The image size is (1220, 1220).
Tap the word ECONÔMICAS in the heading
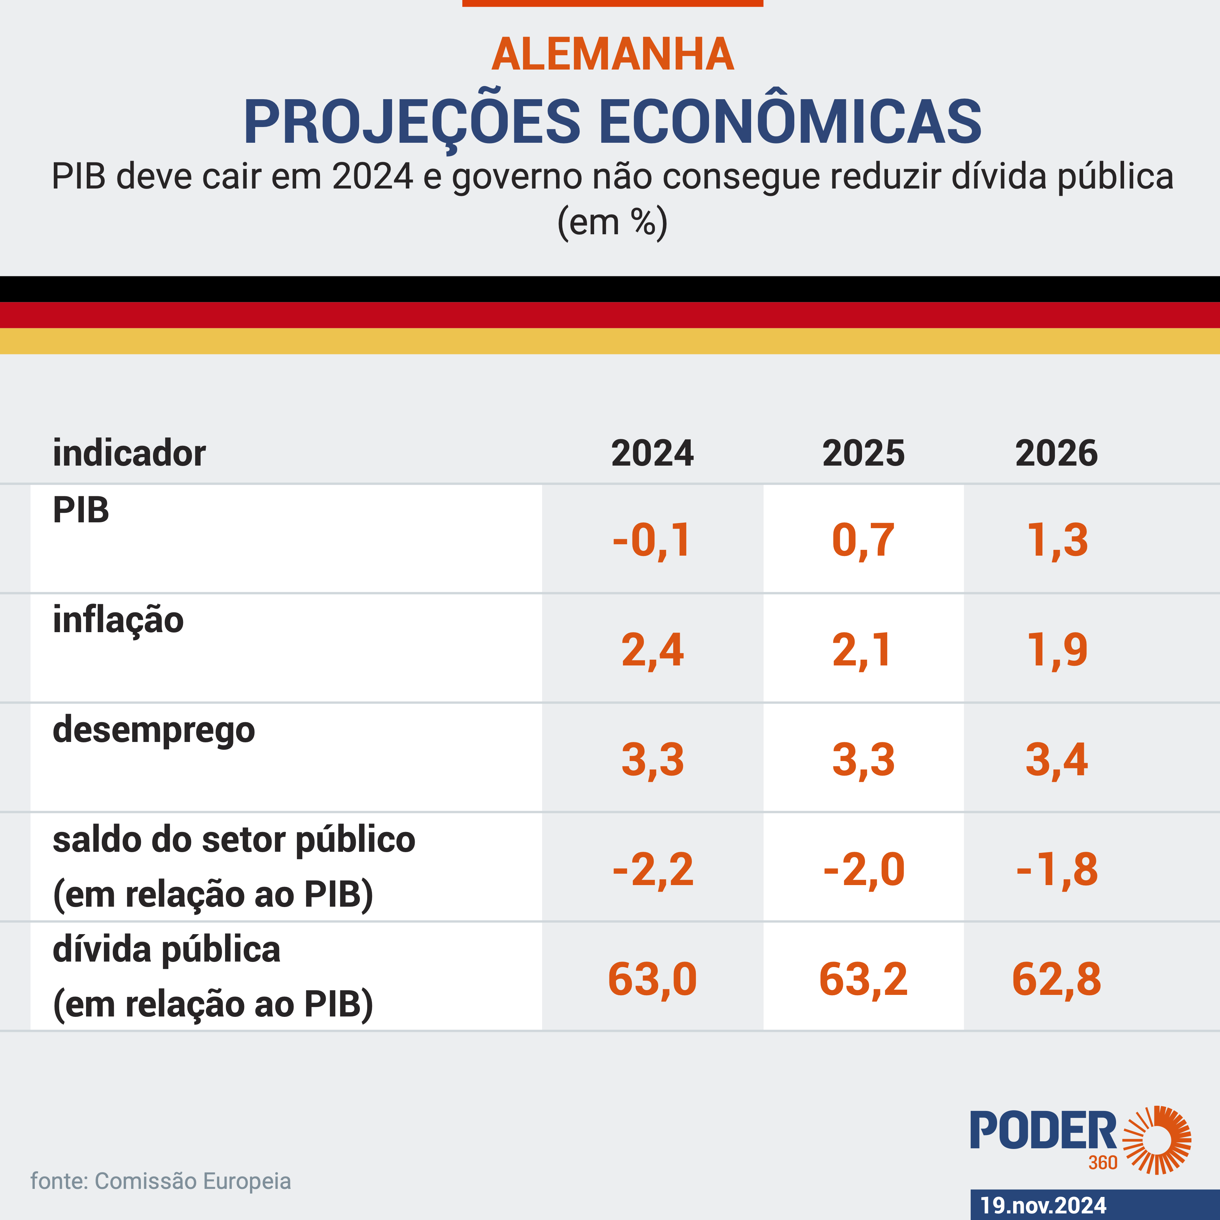click(x=789, y=122)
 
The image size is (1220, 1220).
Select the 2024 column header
click(x=652, y=454)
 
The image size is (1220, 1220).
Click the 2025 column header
click(x=863, y=454)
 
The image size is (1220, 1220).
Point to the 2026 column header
click(x=1056, y=454)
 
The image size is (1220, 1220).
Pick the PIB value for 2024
click(x=652, y=541)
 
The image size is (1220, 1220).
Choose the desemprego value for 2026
click(x=1056, y=759)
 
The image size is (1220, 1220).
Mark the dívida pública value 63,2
click(x=863, y=979)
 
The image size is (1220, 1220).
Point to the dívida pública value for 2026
click(x=1056, y=979)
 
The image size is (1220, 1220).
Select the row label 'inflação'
click(x=118, y=620)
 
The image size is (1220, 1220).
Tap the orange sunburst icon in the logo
click(x=1157, y=1141)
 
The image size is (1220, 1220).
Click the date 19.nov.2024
click(x=1043, y=1205)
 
